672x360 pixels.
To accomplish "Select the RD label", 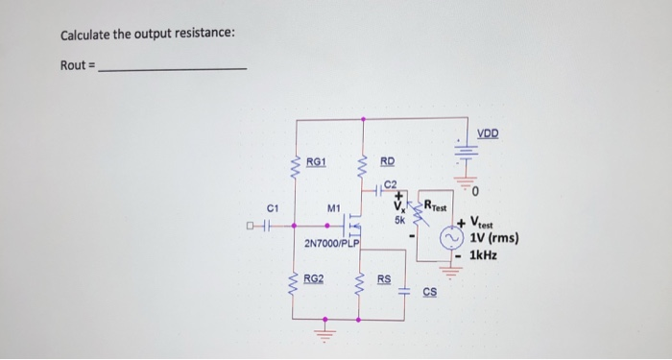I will pos(387,162).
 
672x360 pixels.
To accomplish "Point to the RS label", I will pos(384,279).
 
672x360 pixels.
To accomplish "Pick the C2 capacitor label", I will pos(390,185).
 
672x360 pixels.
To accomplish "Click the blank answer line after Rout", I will pos(173,68).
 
